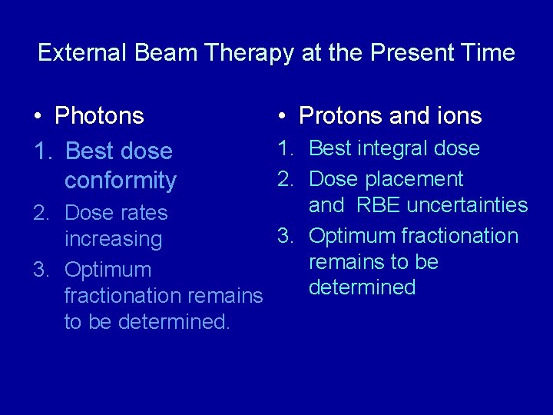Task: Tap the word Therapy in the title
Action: coord(242,53)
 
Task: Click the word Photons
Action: coord(99,116)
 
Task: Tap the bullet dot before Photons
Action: coord(38,117)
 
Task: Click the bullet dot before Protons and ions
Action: coord(283,117)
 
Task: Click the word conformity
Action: coord(120,181)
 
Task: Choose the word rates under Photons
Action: coord(143,213)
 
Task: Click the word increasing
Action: coord(113,239)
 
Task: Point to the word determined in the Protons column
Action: coord(362,287)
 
